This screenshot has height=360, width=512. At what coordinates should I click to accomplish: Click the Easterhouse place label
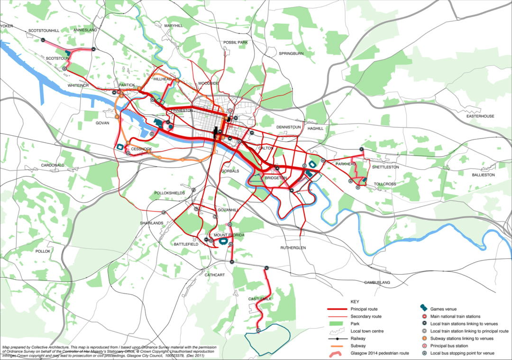(x=480, y=116)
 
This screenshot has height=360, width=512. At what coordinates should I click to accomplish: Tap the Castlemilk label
(x=259, y=299)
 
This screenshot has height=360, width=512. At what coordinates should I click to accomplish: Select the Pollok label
(x=43, y=251)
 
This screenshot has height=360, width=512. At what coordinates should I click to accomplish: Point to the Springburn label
(x=291, y=54)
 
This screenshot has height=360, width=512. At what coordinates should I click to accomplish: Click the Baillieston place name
(x=483, y=175)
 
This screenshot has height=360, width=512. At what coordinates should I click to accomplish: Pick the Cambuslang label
(x=377, y=283)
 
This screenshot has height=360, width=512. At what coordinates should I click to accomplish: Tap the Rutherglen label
(x=293, y=248)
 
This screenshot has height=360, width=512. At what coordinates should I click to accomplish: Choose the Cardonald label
(x=52, y=166)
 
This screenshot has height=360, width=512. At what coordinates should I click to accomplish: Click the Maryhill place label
(x=173, y=26)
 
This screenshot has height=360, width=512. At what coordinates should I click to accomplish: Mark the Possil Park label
(x=236, y=43)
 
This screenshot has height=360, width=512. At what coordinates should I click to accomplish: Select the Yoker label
(x=6, y=27)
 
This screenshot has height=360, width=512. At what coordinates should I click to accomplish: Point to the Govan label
(x=102, y=123)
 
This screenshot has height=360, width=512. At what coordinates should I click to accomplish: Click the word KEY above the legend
(x=355, y=301)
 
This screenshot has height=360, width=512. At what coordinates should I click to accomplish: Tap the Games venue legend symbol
(x=425, y=309)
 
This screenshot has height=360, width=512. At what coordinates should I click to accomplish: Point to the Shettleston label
(x=385, y=167)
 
